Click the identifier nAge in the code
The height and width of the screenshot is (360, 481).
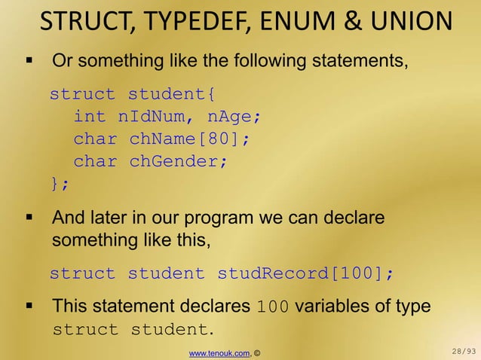[x=234, y=117]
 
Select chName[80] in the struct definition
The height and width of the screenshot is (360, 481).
[x=189, y=139]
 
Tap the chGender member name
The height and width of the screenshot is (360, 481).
[x=178, y=161]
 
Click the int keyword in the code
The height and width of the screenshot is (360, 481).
[x=90, y=117]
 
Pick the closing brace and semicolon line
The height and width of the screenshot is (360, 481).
[x=59, y=183]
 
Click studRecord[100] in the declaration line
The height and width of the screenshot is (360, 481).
[x=305, y=273]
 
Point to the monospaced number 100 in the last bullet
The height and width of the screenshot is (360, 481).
[x=273, y=307]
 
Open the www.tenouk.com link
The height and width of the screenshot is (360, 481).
[x=219, y=352]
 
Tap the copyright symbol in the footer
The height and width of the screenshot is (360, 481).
[x=257, y=352]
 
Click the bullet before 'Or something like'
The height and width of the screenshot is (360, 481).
[x=30, y=59]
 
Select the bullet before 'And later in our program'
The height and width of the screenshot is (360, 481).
[x=30, y=218]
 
